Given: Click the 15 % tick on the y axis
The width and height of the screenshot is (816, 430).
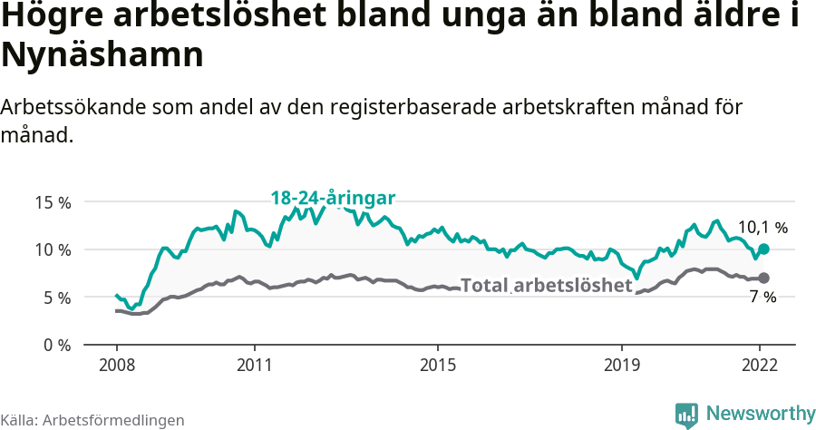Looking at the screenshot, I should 53,202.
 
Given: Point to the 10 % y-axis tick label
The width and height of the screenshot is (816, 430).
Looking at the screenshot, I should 53,249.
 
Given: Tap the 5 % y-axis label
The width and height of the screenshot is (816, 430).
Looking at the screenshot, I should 56,298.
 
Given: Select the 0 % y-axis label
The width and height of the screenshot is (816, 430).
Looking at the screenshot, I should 56,345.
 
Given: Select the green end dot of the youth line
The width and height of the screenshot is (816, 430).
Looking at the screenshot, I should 763,249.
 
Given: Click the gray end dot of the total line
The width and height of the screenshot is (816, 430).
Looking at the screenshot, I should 763,278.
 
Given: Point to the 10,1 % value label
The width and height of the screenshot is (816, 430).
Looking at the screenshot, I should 763,228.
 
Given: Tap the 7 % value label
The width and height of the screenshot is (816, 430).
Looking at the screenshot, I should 763,298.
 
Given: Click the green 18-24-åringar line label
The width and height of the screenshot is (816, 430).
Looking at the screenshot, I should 334,199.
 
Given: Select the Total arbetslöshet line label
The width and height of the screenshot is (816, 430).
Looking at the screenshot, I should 546,285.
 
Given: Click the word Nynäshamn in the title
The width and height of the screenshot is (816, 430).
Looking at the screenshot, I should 102,56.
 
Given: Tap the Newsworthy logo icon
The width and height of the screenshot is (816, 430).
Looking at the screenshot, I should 686,415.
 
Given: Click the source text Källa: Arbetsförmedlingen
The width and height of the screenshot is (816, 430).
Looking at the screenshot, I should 92,420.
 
